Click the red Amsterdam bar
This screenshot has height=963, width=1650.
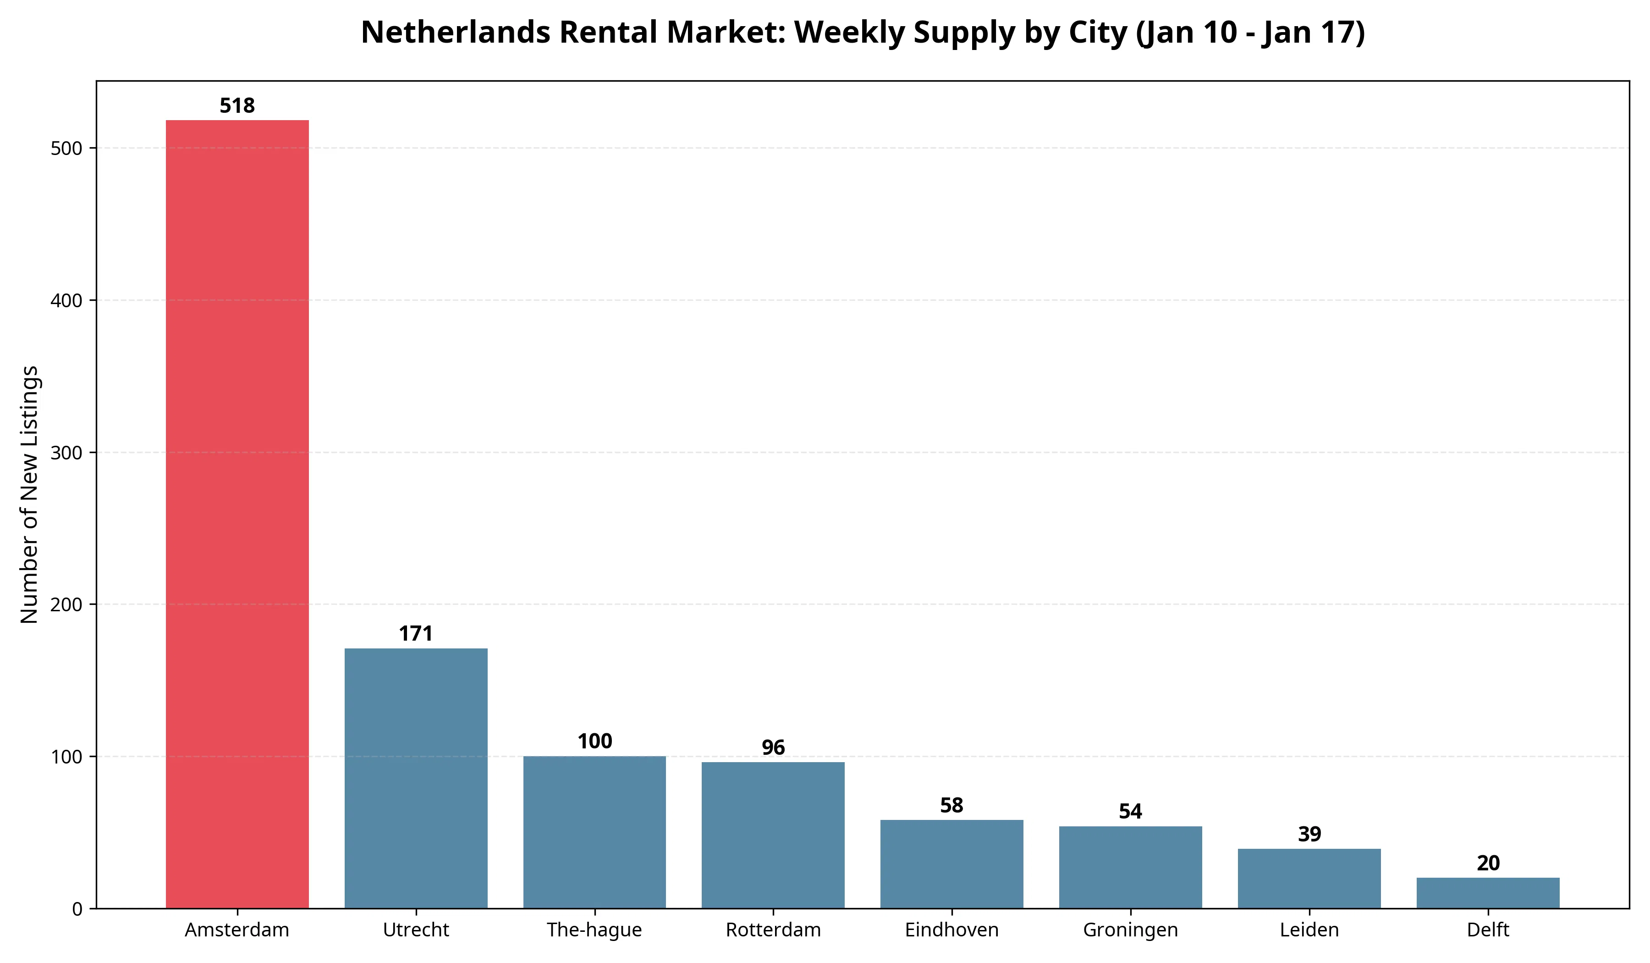237,514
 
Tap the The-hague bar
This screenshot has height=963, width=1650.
594,832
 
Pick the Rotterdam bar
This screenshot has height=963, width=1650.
773,835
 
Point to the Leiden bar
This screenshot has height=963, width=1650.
1309,879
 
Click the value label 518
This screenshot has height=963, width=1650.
237,106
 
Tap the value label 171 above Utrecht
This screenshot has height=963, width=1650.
416,633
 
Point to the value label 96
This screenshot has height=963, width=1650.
773,747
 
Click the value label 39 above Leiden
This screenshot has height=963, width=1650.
1309,834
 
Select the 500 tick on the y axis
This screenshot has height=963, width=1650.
67,149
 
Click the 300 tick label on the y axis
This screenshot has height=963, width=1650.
67,453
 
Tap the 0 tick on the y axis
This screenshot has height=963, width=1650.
77,909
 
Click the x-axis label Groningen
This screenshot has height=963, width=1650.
1130,930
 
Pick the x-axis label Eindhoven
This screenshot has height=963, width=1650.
951,930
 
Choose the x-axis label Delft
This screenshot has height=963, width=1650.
1488,930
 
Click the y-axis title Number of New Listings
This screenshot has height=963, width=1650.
29,495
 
